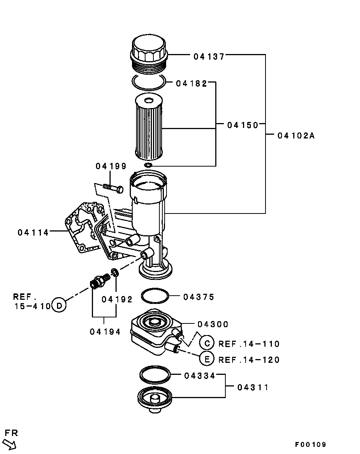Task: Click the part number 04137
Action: (x=209, y=57)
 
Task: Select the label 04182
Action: (x=191, y=84)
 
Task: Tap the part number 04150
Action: (x=243, y=125)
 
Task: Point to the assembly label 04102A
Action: (x=296, y=136)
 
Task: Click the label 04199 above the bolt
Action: (x=111, y=166)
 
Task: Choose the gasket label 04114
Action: (x=33, y=233)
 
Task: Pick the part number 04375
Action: (x=199, y=297)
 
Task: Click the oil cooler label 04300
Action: (x=213, y=324)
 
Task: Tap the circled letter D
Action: (x=58, y=305)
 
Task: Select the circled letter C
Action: (x=207, y=343)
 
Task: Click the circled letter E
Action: (x=207, y=359)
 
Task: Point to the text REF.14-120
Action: (x=249, y=360)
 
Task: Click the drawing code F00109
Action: (x=310, y=445)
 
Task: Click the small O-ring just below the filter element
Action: (x=148, y=165)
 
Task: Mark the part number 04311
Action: (x=253, y=387)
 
